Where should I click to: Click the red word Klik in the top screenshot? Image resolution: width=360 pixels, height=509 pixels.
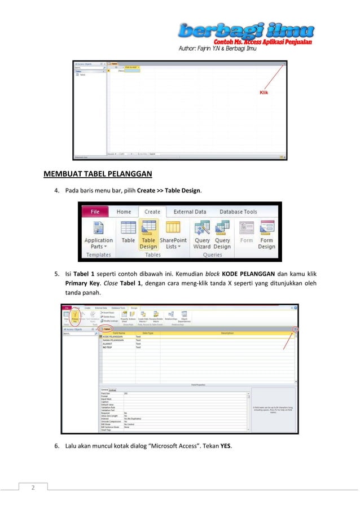pos(264,93)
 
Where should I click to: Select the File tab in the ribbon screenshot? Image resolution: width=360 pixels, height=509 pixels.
pos(96,212)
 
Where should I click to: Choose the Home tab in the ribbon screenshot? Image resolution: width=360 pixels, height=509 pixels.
pos(124,212)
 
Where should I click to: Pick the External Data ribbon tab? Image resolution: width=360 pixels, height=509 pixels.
pos(191,212)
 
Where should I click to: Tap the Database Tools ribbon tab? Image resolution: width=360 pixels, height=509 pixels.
pos(238,212)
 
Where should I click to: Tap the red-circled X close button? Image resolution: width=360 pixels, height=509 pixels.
pos(294,328)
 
